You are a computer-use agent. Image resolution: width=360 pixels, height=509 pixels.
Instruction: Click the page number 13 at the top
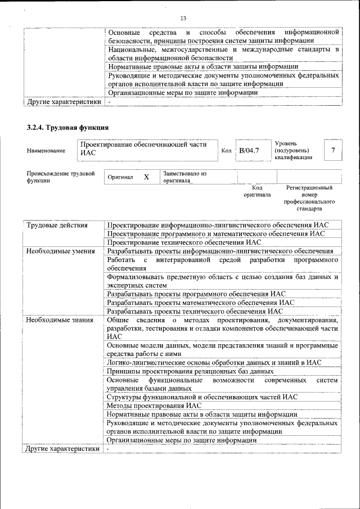[x=183, y=19]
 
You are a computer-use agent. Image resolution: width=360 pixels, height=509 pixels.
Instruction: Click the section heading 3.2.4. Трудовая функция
[x=67, y=128]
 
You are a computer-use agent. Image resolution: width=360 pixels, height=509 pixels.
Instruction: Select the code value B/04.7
[x=249, y=151]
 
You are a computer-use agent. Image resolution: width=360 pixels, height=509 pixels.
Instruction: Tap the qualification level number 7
[x=334, y=150]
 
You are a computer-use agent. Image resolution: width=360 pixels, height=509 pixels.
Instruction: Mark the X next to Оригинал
[x=146, y=177]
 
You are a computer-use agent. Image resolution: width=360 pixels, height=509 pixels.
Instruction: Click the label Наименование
[x=46, y=151]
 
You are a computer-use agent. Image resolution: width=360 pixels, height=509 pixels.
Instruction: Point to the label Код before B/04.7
[x=226, y=151]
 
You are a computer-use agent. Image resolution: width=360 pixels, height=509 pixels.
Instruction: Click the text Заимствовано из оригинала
[x=185, y=177]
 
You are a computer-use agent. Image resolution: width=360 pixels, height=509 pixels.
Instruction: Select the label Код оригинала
[x=256, y=191]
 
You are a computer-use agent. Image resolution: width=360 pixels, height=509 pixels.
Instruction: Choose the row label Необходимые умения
[x=61, y=251]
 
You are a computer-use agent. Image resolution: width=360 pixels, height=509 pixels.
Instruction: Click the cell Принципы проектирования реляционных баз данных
[x=191, y=371]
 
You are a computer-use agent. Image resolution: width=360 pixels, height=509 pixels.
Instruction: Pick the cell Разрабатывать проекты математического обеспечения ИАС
[x=201, y=302]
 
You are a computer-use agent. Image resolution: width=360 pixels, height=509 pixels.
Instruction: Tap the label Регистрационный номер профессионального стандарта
[x=309, y=198]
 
